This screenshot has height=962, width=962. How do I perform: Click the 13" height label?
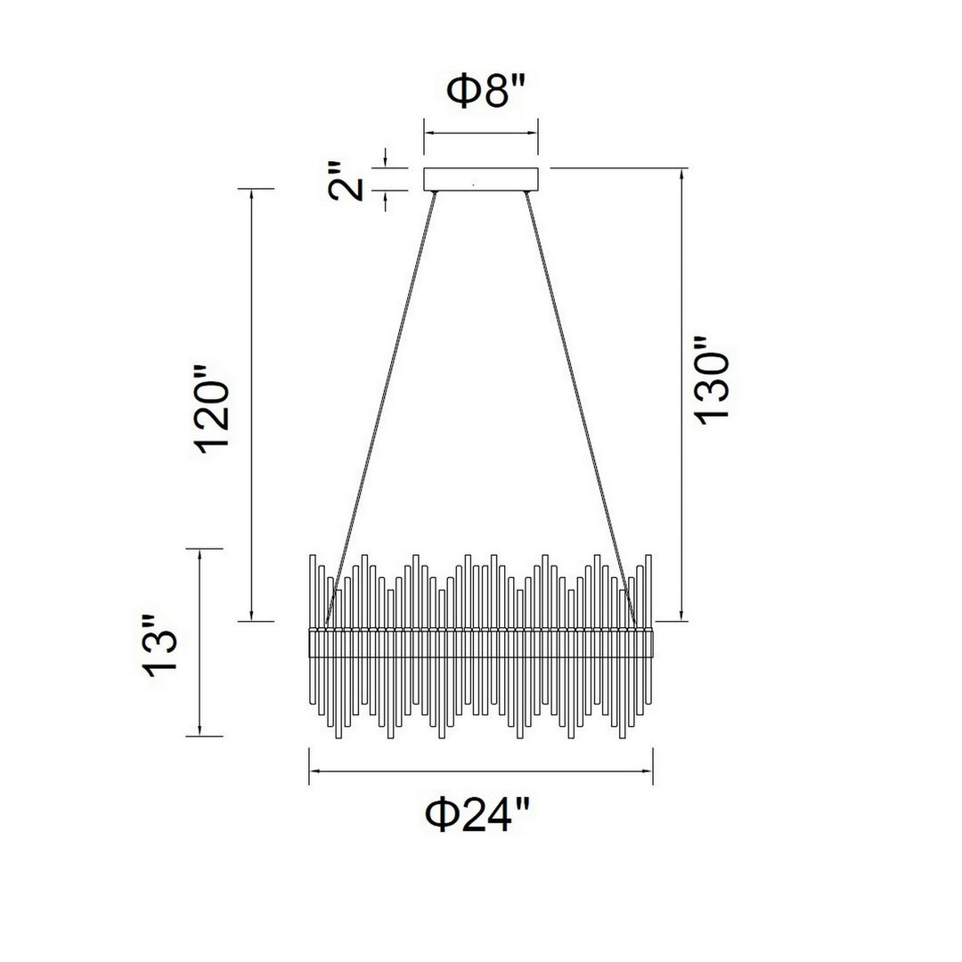point(160,646)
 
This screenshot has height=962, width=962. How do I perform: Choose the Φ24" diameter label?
point(477,814)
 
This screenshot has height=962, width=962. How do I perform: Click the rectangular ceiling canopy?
point(481,178)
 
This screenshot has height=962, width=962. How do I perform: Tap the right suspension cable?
point(581,408)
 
